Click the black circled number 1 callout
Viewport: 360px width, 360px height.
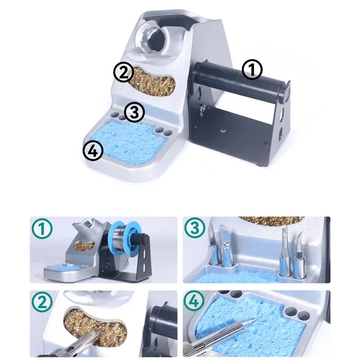coord(252,70)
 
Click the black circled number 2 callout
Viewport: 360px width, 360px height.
coord(123,72)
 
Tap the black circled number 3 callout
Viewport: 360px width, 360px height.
coord(135,112)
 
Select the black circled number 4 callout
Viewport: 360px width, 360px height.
coord(93,151)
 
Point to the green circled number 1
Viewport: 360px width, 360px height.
coord(42,229)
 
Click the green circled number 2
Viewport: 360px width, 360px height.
coord(42,302)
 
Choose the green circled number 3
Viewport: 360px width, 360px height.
coord(195,229)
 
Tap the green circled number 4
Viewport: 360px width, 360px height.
coord(195,301)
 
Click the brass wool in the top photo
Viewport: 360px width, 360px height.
coord(152,81)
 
